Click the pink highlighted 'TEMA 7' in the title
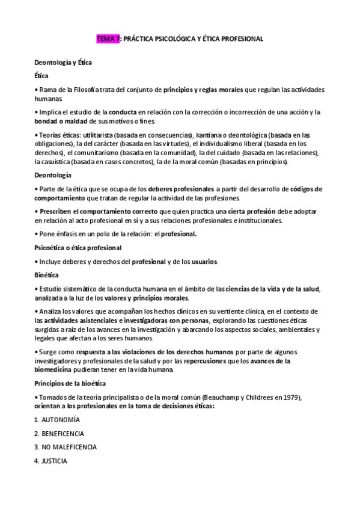108,39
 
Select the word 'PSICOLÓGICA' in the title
173,39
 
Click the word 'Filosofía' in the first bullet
105,90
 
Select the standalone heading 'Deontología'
53,175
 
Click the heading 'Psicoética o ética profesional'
78,248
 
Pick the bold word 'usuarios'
203,262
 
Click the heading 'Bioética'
47,275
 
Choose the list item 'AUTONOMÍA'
61,420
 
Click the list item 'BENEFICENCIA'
63,434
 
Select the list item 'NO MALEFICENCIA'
69,447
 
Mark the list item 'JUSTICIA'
54,461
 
